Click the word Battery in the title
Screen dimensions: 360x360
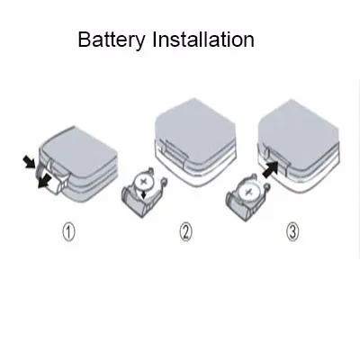(112, 40)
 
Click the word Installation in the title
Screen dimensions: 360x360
(203, 39)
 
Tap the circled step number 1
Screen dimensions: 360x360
(68, 233)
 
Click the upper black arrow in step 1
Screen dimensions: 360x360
(31, 162)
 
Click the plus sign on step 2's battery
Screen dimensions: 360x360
(144, 181)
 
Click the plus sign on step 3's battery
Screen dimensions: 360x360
(247, 193)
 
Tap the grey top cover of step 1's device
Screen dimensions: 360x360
(78, 153)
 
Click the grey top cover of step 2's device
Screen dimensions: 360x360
(195, 129)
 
